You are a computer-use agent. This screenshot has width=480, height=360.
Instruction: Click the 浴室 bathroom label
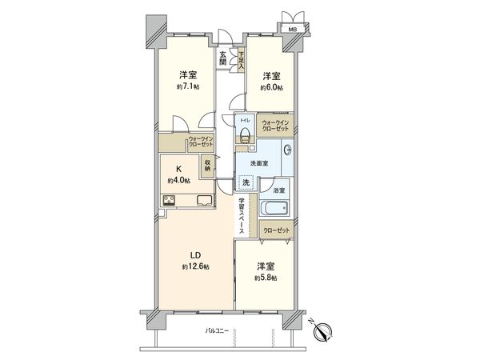point(278,190)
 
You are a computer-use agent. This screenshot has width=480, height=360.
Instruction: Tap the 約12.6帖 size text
point(195,266)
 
